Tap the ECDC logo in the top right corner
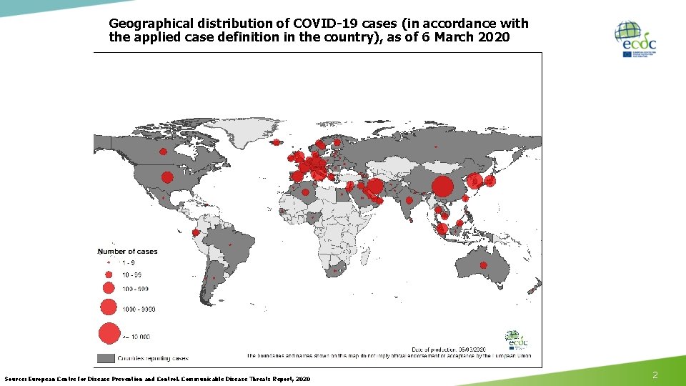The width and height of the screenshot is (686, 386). [x=635, y=39]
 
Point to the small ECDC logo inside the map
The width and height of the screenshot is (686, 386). [x=514, y=338]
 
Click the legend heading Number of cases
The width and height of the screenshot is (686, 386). [x=127, y=252]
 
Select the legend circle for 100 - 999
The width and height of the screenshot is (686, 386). [x=109, y=288]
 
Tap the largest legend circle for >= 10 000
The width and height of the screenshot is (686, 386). [x=109, y=334]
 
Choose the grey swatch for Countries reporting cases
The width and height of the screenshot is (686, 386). [x=106, y=357]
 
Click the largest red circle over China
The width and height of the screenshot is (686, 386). [x=442, y=187]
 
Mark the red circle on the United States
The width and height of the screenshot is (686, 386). [x=167, y=177]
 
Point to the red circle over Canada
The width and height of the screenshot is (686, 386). [x=163, y=152]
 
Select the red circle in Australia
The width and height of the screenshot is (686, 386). [x=483, y=265]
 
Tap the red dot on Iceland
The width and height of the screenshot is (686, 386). [x=276, y=142]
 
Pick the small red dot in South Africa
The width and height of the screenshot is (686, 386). [x=337, y=272]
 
